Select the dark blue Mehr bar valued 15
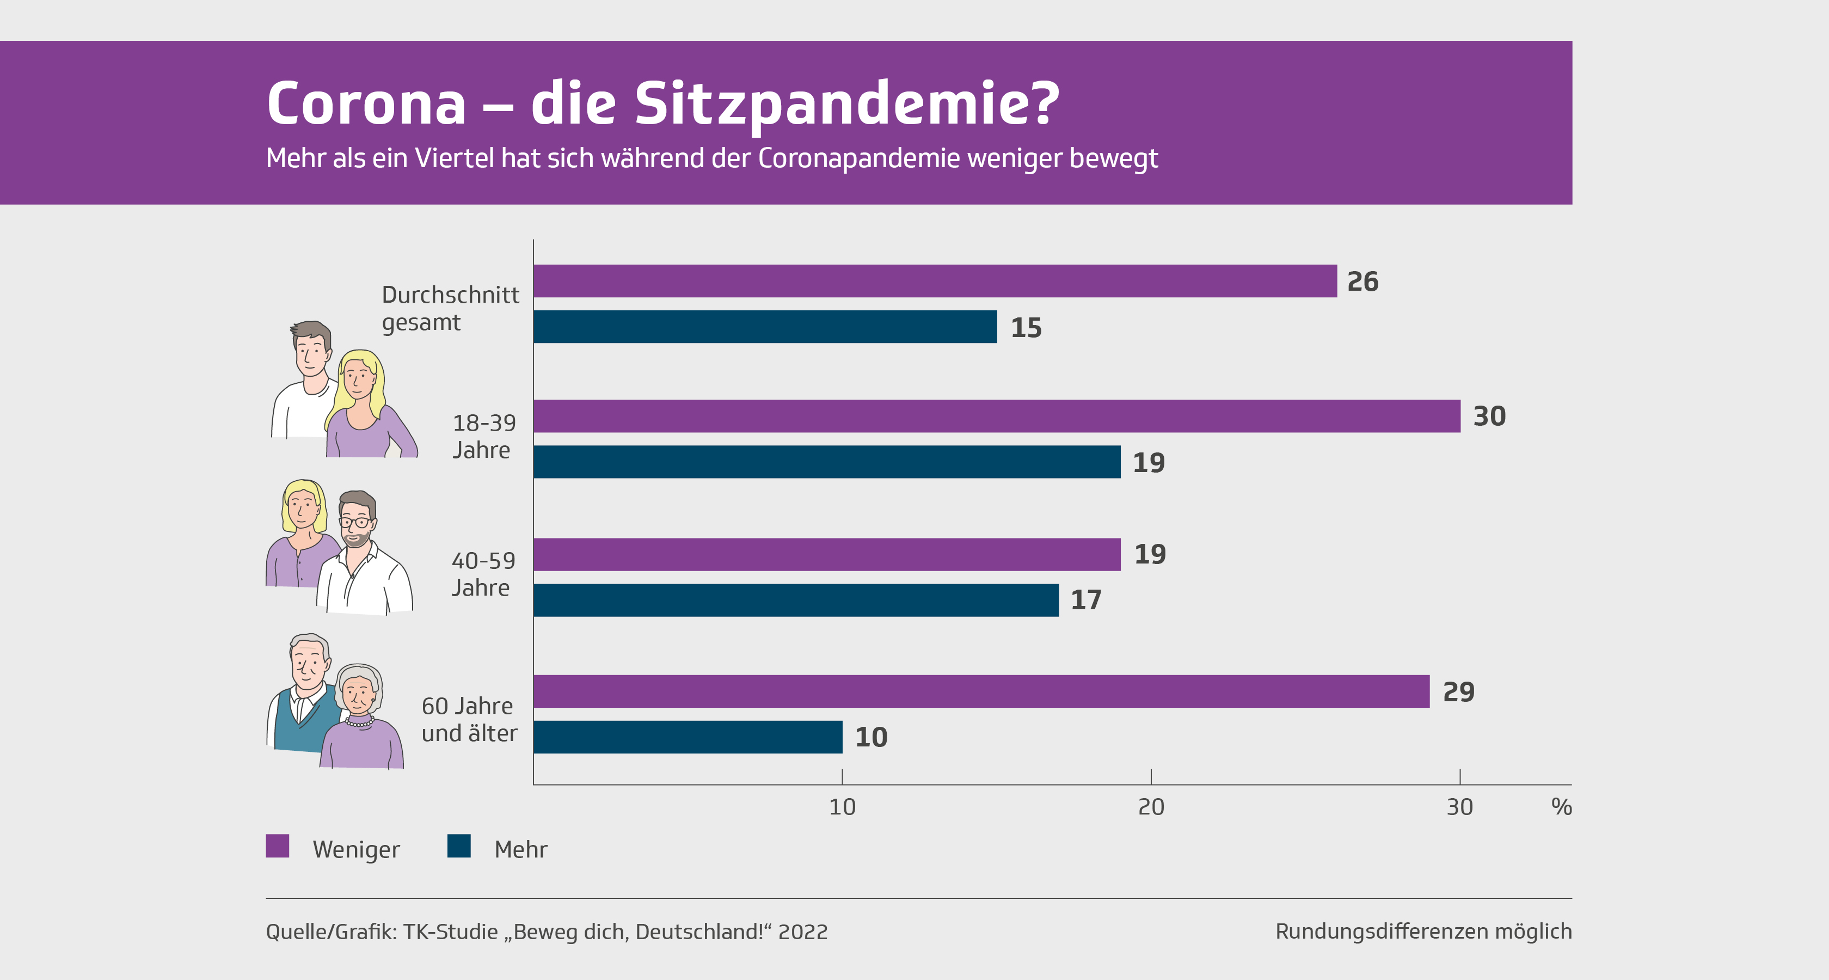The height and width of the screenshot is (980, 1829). pos(765,327)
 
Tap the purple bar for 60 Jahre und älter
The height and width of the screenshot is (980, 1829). pos(980,691)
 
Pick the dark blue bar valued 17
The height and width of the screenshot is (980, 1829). pos(795,600)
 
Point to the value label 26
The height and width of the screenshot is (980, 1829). pos(1362,282)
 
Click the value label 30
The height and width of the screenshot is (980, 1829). pos(1489,416)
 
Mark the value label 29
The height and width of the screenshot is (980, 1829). pos(1458,691)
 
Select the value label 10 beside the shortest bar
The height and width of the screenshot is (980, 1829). pos(871,737)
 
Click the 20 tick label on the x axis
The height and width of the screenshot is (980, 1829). pos(1151,807)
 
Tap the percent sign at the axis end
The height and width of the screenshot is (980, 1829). pos(1561,807)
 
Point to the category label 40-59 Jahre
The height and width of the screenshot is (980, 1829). pos(483,574)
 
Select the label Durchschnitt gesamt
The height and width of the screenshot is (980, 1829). pos(450,308)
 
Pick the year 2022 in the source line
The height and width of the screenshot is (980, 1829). pos(802,932)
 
